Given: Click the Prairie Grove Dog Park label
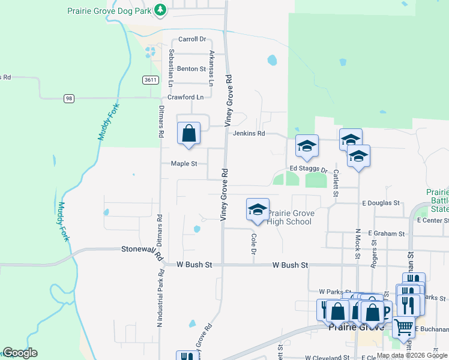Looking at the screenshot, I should (x=109, y=10).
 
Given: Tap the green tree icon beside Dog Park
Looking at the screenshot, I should (x=160, y=10).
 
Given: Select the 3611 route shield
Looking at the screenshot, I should (x=151, y=80).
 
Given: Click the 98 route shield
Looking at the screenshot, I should (x=70, y=98).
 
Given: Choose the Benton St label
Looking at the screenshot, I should (x=191, y=69).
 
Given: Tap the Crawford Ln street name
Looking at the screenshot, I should (x=185, y=97).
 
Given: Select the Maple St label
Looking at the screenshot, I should (x=184, y=163).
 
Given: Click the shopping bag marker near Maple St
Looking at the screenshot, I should (x=188, y=133).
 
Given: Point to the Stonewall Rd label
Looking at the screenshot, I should (x=143, y=250).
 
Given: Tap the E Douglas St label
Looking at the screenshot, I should (x=381, y=203).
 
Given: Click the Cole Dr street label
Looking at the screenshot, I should (x=253, y=243).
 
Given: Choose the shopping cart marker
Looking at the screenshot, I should (x=404, y=327).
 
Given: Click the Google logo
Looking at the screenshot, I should (x=20, y=352).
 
